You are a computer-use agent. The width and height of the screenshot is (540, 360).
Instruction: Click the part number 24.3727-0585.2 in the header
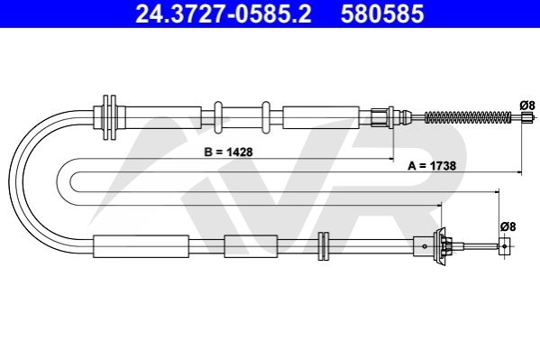224,14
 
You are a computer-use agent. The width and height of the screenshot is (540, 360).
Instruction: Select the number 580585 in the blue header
382,14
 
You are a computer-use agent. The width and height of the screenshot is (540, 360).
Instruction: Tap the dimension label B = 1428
228,152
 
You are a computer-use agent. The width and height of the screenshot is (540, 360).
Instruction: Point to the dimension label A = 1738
432,166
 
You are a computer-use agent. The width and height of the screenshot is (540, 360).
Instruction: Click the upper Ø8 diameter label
527,105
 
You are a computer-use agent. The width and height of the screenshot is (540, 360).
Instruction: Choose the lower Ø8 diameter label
508,226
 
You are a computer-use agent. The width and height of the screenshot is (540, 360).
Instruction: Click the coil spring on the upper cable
468,117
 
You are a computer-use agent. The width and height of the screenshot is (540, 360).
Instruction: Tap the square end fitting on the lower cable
504,246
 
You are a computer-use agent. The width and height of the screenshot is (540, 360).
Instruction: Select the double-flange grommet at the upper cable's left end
110,117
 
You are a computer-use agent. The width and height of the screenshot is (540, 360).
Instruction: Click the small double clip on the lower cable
324,246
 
